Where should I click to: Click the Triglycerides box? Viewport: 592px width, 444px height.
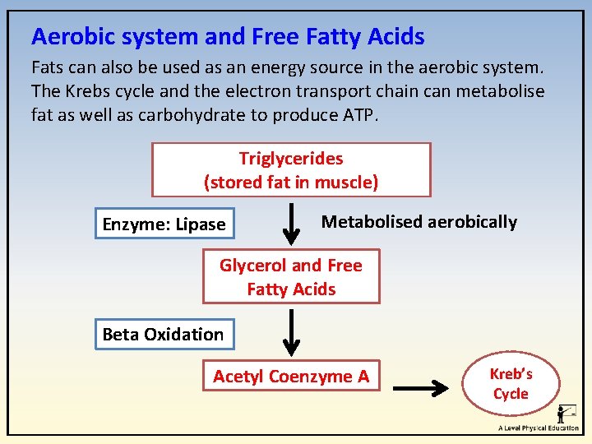point(291,170)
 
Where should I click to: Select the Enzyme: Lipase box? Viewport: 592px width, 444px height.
point(164,224)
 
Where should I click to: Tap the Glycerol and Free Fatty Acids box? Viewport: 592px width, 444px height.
point(291,277)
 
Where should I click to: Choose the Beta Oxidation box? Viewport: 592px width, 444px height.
point(164,335)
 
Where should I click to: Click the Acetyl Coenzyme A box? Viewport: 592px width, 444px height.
point(291,377)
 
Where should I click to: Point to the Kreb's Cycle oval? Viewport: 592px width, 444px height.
point(511,384)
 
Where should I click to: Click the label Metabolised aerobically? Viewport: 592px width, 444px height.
point(419,222)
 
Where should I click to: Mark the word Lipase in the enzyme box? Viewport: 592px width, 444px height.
point(196,224)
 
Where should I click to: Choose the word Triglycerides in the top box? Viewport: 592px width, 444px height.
point(291,159)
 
